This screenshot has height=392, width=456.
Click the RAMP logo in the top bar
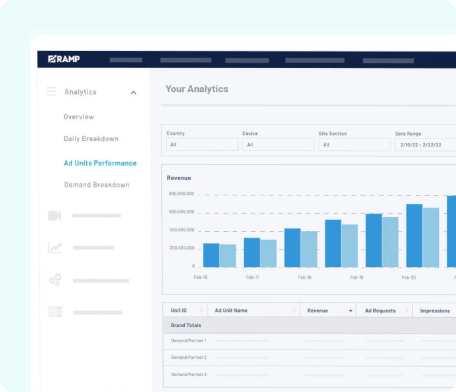tap(64, 60)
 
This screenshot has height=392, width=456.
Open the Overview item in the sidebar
tap(79, 117)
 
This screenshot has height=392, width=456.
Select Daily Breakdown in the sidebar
tap(91, 139)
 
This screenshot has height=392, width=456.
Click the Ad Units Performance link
tap(100, 163)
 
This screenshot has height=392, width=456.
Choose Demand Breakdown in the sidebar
tap(97, 185)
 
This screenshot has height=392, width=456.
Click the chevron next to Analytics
tap(133, 93)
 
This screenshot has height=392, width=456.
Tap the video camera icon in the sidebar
tap(54, 215)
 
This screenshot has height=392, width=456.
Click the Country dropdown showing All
tap(201, 144)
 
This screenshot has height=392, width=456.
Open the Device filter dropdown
tap(278, 144)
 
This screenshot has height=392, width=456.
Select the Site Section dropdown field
tap(354, 144)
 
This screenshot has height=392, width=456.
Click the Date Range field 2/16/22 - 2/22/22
tap(425, 144)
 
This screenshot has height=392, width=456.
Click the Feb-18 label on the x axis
tap(305, 277)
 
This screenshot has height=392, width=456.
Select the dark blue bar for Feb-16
tap(211, 255)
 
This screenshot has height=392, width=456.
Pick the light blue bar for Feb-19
tap(390, 242)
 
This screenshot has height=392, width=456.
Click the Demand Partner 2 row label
tap(189, 358)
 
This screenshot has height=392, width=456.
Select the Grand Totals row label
tap(186, 326)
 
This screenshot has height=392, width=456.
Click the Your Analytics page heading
tap(197, 89)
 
